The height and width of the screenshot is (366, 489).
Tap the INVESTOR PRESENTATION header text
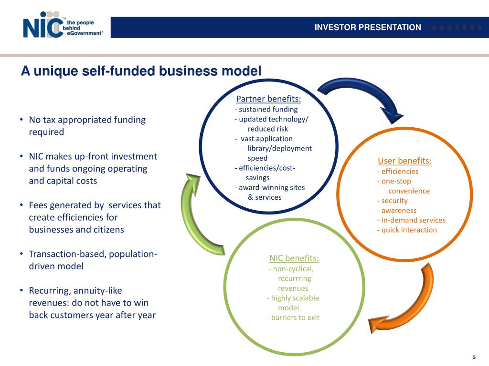(x=368, y=27)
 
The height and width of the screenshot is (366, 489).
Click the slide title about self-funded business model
(x=141, y=71)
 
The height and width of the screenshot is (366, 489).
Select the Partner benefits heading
(x=268, y=99)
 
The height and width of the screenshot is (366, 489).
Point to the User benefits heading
(x=404, y=161)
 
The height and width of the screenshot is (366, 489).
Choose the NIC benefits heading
(x=294, y=258)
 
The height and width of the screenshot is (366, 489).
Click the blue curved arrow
(x=363, y=98)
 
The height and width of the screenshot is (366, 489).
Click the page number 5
(x=474, y=357)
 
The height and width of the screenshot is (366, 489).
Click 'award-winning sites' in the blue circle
(x=272, y=187)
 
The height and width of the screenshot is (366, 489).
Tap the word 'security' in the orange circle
(x=394, y=201)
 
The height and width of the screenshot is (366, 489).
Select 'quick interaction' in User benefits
(x=409, y=230)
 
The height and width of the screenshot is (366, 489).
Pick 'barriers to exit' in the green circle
(x=295, y=317)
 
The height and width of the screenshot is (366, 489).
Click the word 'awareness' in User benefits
(x=399, y=210)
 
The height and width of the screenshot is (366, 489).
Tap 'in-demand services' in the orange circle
(x=413, y=220)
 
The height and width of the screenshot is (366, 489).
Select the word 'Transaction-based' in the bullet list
(x=67, y=254)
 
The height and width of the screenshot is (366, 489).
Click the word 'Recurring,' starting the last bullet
(x=49, y=290)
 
